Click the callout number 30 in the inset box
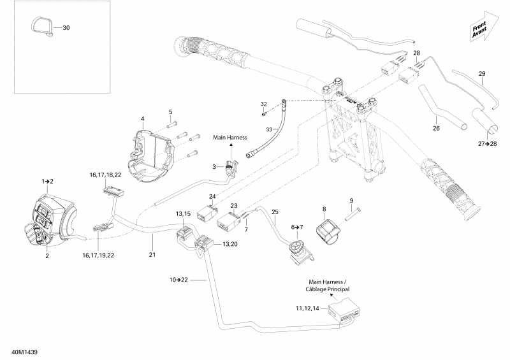point(66,28)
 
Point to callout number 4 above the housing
point(142,119)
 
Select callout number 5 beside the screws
point(170,113)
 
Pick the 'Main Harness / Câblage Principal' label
point(328,286)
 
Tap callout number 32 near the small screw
point(263,104)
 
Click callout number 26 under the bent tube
point(436,128)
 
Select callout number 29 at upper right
point(482,73)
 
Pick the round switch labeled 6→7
point(297,248)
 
